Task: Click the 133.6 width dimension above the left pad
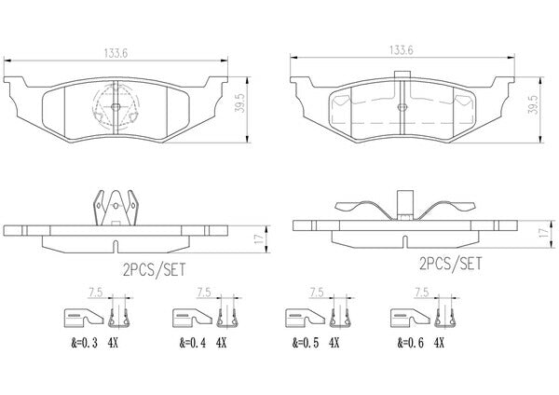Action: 116,53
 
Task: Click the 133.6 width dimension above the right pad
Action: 401,50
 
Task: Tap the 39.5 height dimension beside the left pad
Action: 240,103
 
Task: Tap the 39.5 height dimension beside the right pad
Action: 534,104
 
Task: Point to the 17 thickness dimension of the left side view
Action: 261,238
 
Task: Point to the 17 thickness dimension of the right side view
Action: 543,233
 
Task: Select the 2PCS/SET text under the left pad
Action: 155,270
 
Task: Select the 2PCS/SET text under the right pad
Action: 451,264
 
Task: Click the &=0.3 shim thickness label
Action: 84,343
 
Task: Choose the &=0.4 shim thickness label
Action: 193,343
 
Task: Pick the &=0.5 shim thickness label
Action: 306,343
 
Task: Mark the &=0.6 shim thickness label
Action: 411,343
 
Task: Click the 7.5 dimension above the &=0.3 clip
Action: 95,293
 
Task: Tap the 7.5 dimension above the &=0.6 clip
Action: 421,293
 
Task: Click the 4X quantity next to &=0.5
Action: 334,343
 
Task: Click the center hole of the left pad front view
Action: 116,106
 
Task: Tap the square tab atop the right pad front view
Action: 402,75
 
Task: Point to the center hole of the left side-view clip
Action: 116,206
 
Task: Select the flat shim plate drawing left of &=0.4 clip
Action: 192,318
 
